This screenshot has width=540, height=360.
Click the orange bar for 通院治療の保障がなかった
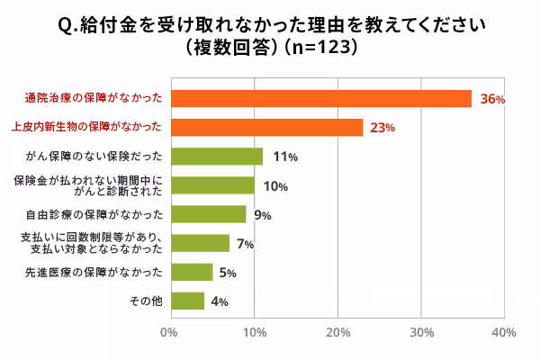click(320, 98)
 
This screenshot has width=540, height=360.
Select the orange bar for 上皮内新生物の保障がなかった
click(266, 127)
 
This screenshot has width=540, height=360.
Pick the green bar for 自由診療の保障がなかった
click(208, 214)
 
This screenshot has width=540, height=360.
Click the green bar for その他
click(186, 301)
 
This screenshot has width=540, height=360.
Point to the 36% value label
click(492, 99)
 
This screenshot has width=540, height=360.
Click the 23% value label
click(382, 128)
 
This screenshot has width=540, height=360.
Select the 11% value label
click(285, 157)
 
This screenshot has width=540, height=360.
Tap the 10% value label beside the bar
click(275, 186)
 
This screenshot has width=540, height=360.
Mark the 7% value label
click(244, 244)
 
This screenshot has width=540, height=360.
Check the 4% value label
click(219, 301)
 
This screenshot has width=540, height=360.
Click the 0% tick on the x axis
click(168, 333)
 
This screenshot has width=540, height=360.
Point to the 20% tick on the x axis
click(337, 333)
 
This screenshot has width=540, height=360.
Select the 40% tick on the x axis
click(504, 333)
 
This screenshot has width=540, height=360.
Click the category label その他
click(146, 301)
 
